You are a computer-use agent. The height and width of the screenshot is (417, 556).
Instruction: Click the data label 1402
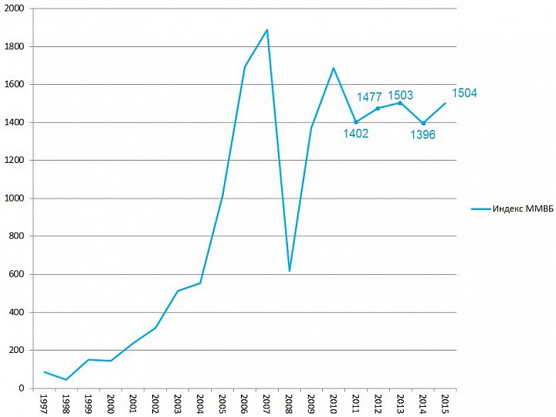tap(356, 133)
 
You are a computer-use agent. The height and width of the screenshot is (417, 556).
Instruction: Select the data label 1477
tap(369, 97)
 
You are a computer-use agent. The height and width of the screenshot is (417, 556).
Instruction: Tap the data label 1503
tap(400, 95)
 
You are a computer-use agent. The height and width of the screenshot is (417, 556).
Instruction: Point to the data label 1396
tap(422, 134)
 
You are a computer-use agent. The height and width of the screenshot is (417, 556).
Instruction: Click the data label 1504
tap(463, 93)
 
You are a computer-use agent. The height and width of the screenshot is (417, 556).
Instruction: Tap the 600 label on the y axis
tap(18, 274)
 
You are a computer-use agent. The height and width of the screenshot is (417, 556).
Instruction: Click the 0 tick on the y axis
tap(23, 388)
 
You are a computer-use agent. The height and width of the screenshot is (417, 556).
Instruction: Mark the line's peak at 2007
tap(267, 30)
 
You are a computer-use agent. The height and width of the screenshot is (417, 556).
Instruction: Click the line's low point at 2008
tap(290, 271)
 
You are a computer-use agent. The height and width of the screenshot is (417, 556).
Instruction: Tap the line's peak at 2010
tap(334, 68)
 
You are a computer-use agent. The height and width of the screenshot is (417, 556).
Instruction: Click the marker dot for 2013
tap(400, 103)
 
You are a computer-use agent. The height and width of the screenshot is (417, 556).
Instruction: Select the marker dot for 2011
tap(356, 122)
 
